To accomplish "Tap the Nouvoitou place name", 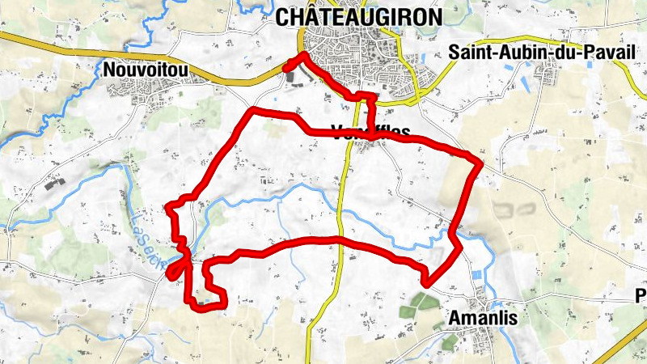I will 146,71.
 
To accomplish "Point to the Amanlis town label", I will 482,318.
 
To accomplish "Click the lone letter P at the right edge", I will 641,295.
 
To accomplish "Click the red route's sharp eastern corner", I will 480,164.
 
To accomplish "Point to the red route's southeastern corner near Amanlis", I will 427,283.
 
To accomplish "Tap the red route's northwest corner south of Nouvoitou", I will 254,109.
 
